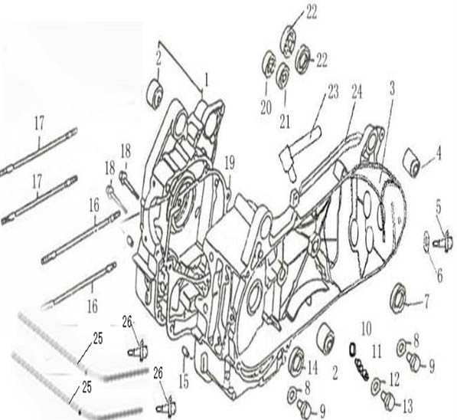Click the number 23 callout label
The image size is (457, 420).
[x=333, y=91]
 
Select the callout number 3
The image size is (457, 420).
[x=392, y=89]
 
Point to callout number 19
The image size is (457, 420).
[x=230, y=162]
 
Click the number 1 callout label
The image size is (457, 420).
[x=207, y=80]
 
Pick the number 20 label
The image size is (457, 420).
[x=266, y=108]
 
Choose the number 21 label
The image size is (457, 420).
[x=285, y=122]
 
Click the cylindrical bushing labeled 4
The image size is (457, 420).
[x=411, y=162]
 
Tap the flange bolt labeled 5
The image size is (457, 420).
[x=443, y=241]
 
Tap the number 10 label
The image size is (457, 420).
[x=366, y=330]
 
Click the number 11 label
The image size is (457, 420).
[x=377, y=352]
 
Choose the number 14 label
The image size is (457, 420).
[x=312, y=369]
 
